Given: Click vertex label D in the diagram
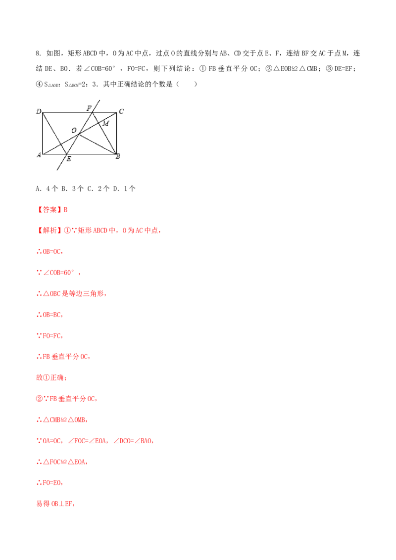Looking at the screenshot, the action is click(39, 111).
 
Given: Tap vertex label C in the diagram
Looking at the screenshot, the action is click(121, 111).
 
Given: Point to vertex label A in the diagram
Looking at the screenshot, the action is click(39, 155).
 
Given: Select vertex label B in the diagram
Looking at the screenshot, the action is click(118, 156).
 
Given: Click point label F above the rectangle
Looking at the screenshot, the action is click(89, 108).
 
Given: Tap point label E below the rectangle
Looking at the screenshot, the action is click(69, 159).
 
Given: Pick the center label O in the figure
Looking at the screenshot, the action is click(74, 131).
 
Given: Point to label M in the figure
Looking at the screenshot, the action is click(106, 124).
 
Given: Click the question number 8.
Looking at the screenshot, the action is click(39, 53).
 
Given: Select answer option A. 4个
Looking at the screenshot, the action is click(47, 188).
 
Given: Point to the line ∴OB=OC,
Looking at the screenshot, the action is click(49, 251).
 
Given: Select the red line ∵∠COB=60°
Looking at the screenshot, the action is click(58, 273).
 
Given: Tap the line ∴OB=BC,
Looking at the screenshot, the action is click(49, 315).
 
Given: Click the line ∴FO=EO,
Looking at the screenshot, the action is click(49, 482).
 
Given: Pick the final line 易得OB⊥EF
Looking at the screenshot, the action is click(55, 504).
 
